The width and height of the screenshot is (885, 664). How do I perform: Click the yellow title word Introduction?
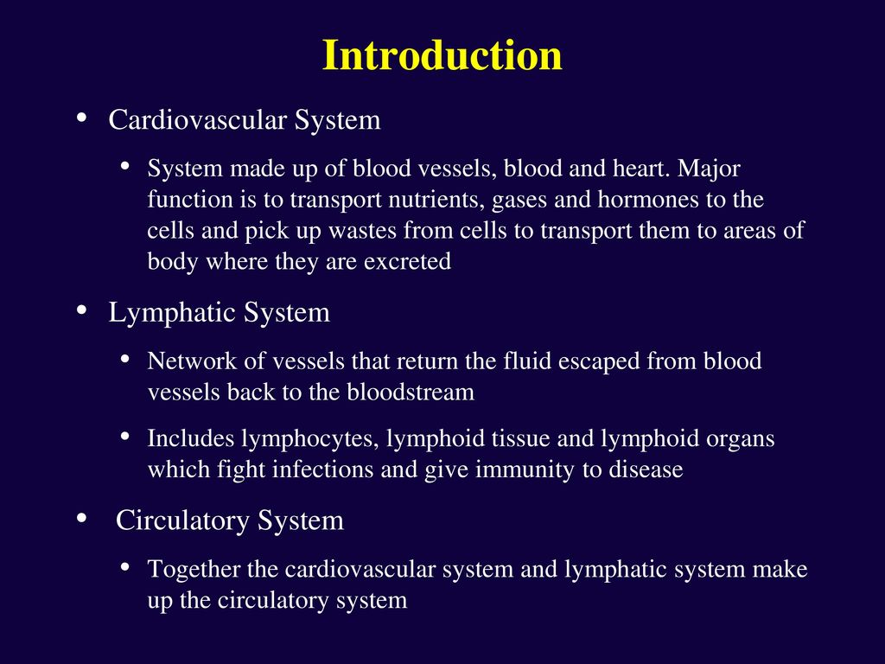(x=442, y=55)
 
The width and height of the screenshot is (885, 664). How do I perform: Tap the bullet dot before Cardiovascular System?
(x=82, y=118)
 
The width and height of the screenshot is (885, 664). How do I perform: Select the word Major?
(x=709, y=169)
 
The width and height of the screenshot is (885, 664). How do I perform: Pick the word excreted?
(x=407, y=261)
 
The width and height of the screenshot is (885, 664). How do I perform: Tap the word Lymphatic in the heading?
(x=172, y=313)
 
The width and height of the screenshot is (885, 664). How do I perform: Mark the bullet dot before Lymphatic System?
(x=82, y=310)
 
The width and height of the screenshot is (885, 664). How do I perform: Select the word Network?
(x=192, y=361)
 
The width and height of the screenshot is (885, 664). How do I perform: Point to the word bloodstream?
(x=411, y=393)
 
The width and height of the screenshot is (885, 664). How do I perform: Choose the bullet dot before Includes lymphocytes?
(x=125, y=437)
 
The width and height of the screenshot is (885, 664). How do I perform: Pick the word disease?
(x=646, y=469)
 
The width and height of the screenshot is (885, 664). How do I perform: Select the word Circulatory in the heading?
(x=181, y=520)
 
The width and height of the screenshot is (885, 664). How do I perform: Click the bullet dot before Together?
(x=125, y=567)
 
